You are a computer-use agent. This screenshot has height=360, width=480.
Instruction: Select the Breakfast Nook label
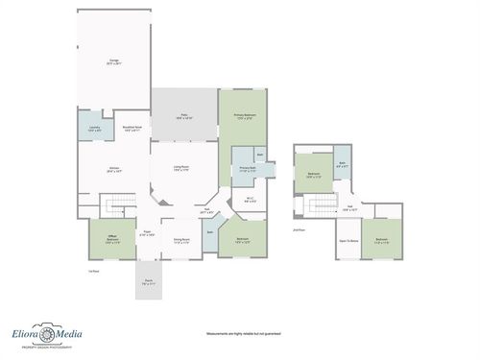coord(132,128)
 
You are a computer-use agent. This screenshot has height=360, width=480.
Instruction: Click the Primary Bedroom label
coord(245,117)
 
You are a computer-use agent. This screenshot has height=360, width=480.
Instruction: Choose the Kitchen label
coord(114,169)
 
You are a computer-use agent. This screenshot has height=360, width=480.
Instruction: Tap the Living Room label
coord(180,168)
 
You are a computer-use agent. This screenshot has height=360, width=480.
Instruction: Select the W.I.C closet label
coord(249,200)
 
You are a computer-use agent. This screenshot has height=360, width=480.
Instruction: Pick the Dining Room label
coord(180,241)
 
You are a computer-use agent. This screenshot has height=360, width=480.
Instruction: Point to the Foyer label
coord(148,233)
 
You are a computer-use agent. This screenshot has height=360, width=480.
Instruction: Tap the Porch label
coord(148,283)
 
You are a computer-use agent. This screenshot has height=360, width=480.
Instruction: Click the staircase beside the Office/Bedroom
coord(115,204)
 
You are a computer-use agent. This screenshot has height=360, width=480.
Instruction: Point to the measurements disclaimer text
coord(243,334)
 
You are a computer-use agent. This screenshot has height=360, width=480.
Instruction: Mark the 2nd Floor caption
coord(298,229)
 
